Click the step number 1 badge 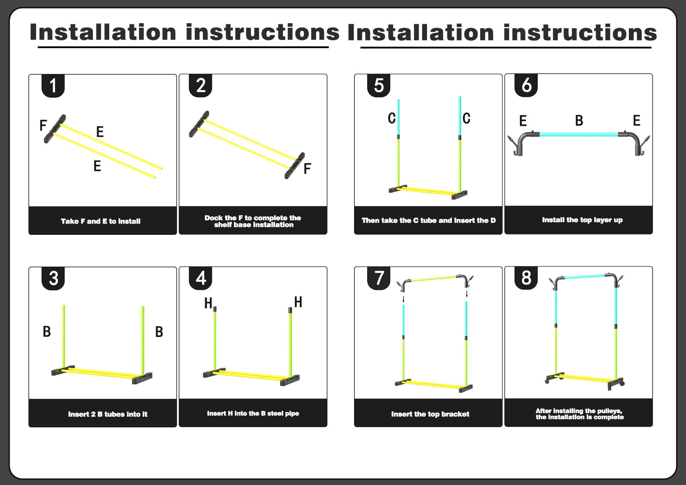[53, 86]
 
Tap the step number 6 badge [526, 85]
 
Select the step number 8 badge [526, 278]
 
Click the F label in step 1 [43, 125]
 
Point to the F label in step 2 [307, 169]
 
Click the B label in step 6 [579, 121]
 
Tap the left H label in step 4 [208, 303]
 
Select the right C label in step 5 [466, 118]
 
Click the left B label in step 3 [47, 332]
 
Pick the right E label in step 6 [636, 121]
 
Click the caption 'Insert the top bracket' [430, 414]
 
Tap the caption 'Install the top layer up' [582, 220]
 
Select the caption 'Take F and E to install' [100, 221]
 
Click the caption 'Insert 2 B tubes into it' [108, 414]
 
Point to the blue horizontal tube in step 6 [579, 134]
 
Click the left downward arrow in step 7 [403, 299]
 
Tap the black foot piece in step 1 [55, 129]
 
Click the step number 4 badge [200, 278]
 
